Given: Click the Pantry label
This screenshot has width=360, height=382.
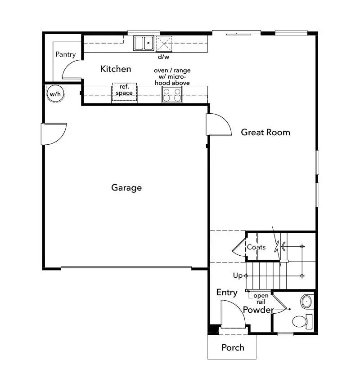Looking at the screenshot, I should tap(65, 54).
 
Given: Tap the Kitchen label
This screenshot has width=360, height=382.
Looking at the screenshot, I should tap(116, 69).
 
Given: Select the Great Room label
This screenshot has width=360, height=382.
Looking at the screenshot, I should tap(265, 132).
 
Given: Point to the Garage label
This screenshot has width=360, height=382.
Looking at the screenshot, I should tap(126, 187).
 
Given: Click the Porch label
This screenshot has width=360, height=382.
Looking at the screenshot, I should tap(233, 347).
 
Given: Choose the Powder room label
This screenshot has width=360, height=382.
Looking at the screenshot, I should tap(258, 310).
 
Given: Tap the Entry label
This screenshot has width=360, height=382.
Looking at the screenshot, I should tap(227, 293).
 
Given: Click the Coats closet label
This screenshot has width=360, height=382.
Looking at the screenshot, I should tap(256, 247).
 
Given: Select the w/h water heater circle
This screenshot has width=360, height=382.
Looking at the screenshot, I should tap(54, 94).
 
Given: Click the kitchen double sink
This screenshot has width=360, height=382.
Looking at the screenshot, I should tap(144, 43).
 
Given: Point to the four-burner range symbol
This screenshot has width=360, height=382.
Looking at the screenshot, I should tap(172, 95).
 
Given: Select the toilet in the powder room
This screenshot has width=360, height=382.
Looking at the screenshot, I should tap(300, 321).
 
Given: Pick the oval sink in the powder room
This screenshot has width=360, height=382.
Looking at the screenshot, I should tap(307, 301).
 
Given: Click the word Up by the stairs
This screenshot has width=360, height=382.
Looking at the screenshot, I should tap(238, 275).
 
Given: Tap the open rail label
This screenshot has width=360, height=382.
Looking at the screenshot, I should tap(261, 299).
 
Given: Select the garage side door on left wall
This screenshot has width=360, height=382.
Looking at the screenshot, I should tap(53, 134).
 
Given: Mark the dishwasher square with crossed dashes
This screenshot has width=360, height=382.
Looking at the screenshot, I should tap(164, 44).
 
